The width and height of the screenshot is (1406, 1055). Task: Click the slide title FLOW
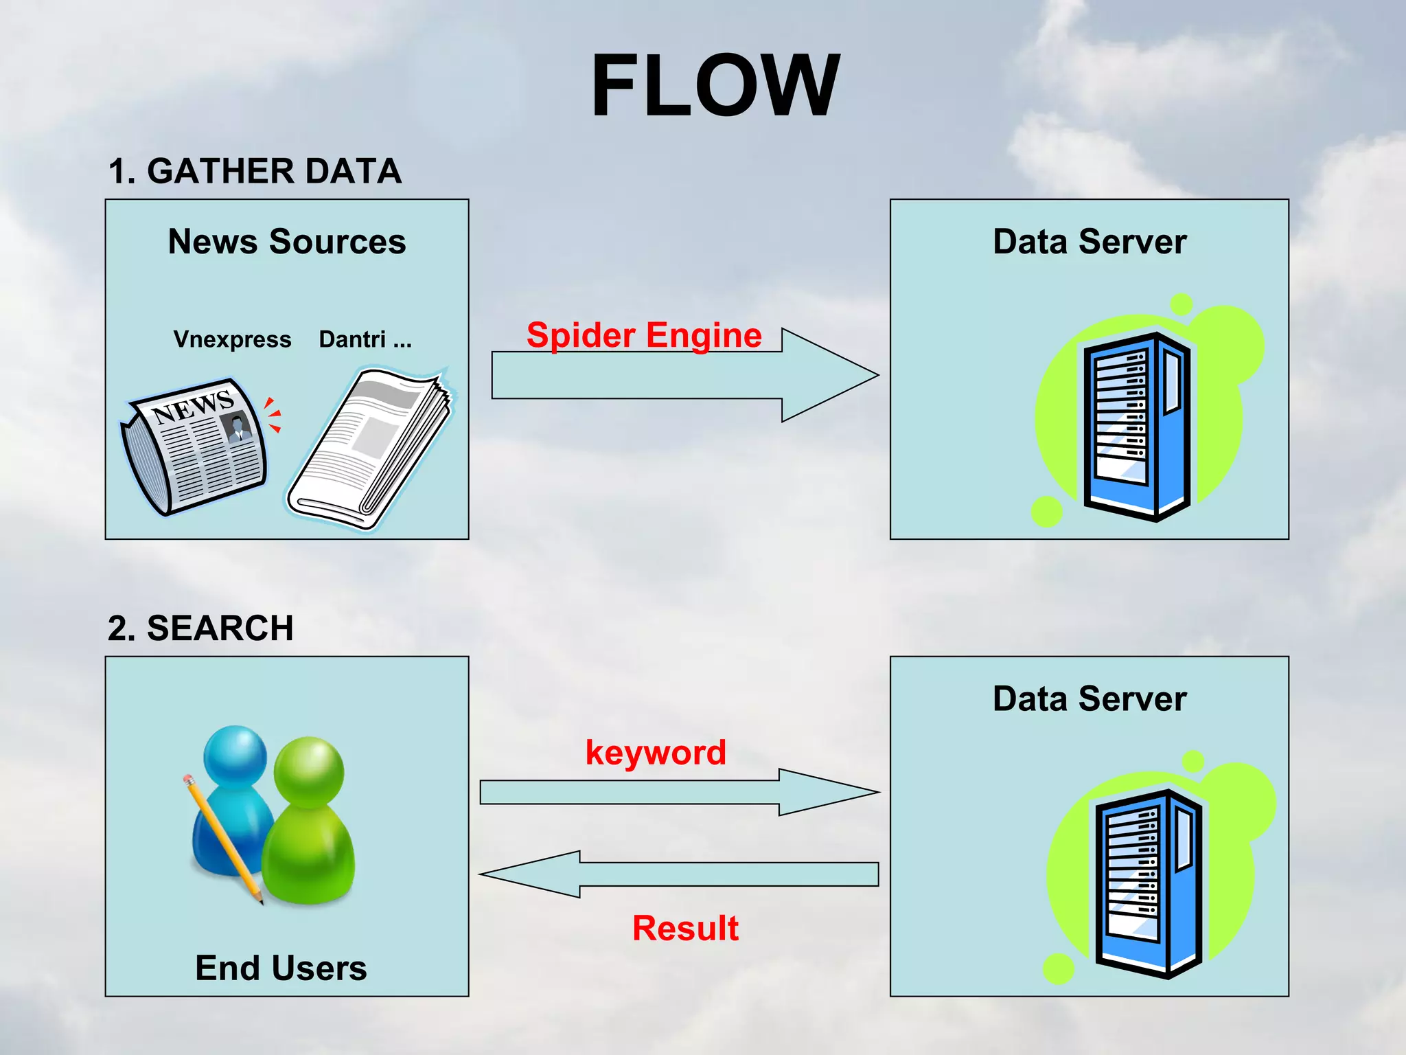click(x=715, y=87)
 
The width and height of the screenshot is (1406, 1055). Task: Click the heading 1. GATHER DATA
click(x=255, y=171)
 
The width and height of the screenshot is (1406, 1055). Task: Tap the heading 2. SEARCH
click(x=200, y=628)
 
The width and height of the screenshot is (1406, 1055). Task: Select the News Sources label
click(x=287, y=242)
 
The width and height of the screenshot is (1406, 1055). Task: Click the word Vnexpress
click(x=232, y=339)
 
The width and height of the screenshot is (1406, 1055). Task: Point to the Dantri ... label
click(x=365, y=339)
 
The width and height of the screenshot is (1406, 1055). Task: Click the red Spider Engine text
click(x=643, y=335)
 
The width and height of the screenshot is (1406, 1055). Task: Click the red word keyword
click(x=656, y=752)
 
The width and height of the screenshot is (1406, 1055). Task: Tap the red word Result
click(x=685, y=928)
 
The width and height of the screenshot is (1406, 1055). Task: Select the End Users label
click(x=281, y=968)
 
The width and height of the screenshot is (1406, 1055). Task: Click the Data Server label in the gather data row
click(x=1090, y=242)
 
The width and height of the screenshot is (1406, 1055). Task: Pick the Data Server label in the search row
click(x=1090, y=699)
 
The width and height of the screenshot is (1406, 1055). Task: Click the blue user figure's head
click(x=235, y=753)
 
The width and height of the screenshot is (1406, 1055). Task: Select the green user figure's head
click(x=309, y=769)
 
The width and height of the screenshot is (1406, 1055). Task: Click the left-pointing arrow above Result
click(x=680, y=874)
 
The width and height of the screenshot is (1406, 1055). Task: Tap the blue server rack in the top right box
click(x=1136, y=426)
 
